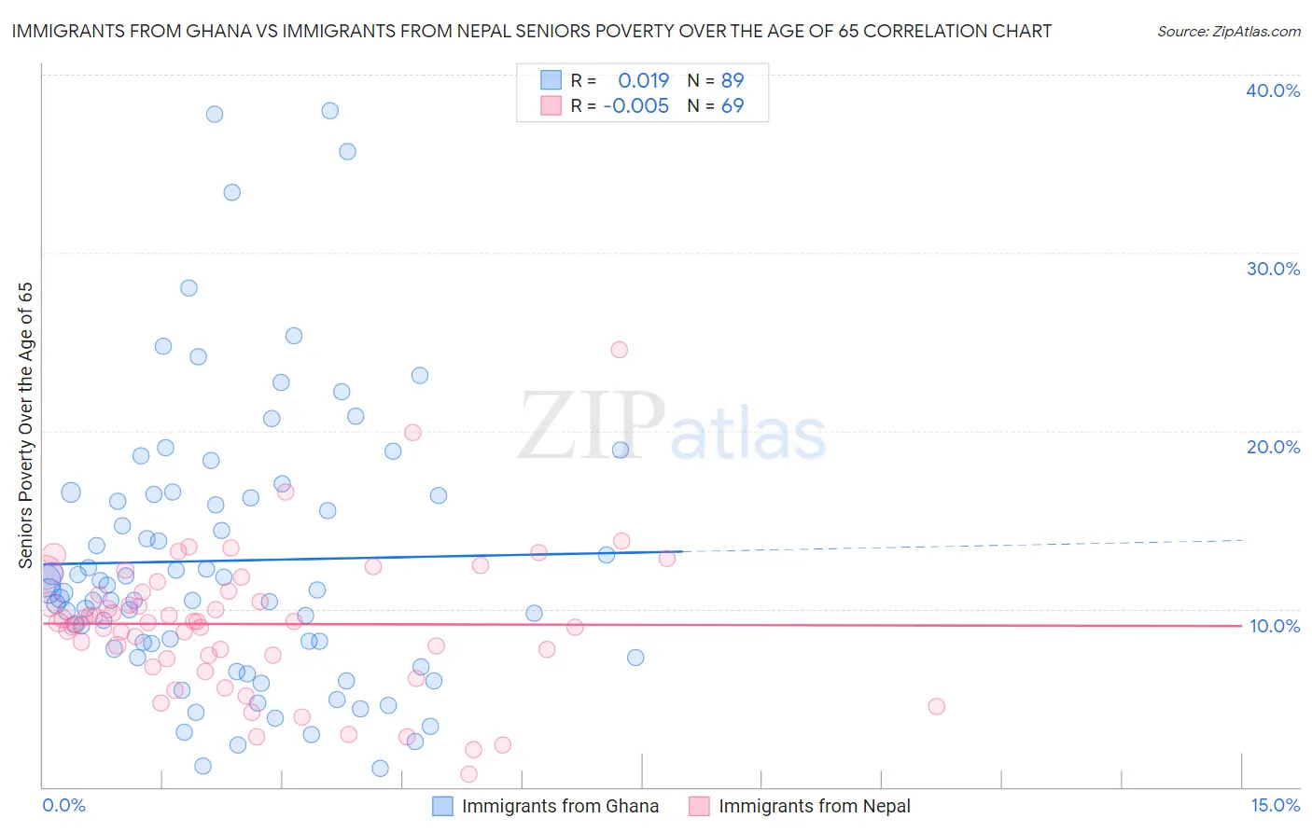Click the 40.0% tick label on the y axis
point(1273,90)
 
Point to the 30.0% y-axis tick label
point(1273,269)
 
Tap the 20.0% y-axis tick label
point(1273,447)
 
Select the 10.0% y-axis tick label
point(1274,626)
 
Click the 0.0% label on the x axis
point(63,805)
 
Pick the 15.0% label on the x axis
point(1275,805)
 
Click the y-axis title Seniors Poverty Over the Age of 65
point(25,425)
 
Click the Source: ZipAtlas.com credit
point(1228,31)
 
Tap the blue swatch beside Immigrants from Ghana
point(442,806)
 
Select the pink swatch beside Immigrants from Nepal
point(699,806)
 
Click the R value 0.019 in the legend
point(643,81)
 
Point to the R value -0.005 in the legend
point(635,106)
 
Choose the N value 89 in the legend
point(733,81)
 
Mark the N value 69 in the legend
point(733,106)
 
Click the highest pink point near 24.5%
point(619,350)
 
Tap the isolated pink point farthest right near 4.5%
point(936,706)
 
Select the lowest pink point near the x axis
point(468,774)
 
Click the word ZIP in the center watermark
point(592,426)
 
